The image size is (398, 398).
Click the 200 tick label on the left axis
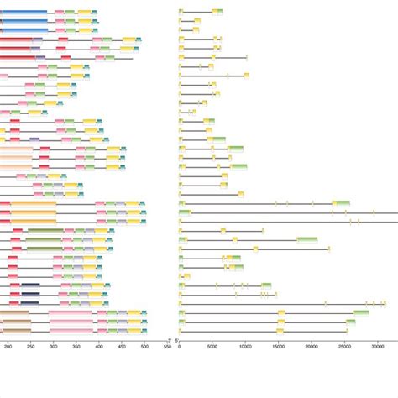(8, 345)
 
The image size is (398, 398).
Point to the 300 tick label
(53, 345)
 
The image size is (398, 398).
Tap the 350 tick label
(76, 345)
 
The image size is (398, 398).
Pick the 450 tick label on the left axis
(122, 345)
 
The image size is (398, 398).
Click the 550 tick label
(167, 345)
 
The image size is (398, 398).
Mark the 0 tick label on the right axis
(180, 345)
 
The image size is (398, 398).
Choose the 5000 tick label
(212, 345)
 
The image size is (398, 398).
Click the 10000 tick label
(245, 345)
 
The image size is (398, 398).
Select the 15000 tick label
(278, 345)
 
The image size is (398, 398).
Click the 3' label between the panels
(170, 339)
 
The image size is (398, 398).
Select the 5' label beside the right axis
(188, 339)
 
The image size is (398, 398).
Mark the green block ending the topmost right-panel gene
(218, 11)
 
